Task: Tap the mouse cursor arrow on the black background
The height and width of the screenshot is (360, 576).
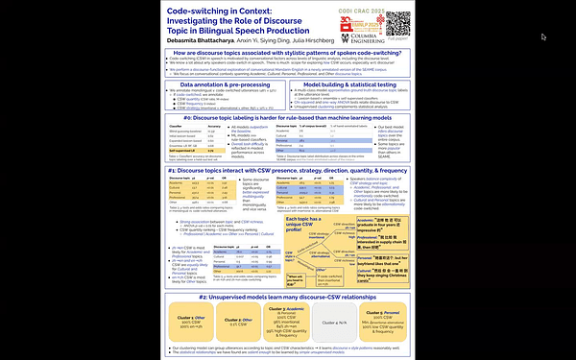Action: (x=544, y=36)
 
